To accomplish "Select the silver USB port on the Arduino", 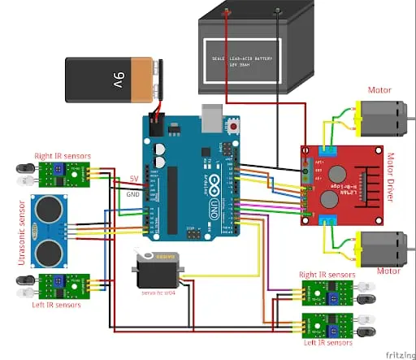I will (x=212, y=119).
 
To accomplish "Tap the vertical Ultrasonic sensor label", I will (x=20, y=233).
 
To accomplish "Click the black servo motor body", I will (x=154, y=268).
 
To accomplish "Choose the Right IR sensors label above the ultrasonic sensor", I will (x=62, y=155).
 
